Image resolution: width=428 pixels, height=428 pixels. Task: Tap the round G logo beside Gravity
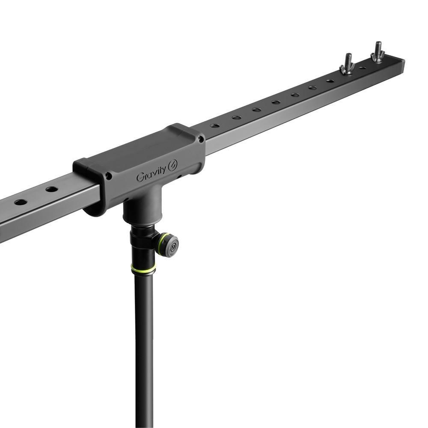click(x=173, y=166)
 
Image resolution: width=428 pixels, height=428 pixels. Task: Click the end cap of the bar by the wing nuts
click(x=401, y=66)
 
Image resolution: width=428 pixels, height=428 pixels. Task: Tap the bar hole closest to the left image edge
click(x=20, y=202)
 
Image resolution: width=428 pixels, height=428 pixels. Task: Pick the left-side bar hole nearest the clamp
click(x=52, y=189)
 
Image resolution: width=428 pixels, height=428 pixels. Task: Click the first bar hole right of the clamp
click(x=215, y=126)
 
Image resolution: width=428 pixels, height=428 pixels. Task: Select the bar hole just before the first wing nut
click(x=330, y=80)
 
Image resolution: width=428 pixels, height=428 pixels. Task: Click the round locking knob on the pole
click(x=169, y=245)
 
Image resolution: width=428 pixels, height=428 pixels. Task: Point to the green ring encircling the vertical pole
click(x=143, y=269)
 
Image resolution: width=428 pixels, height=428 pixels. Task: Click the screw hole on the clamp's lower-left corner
click(x=109, y=175)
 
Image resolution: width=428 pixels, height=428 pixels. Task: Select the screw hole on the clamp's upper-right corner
click(x=200, y=139)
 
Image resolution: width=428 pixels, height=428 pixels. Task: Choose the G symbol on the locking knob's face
click(x=174, y=246)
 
